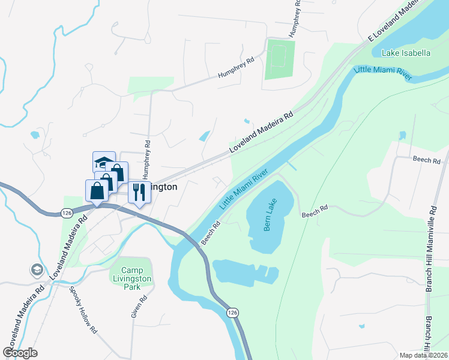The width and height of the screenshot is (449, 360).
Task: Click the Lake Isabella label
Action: pos(406,53)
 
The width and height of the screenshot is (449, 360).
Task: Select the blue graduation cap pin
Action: pos(104,162)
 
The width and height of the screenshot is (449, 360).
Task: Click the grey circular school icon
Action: pos(37,270)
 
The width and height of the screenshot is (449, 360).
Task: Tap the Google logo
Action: pos(20,352)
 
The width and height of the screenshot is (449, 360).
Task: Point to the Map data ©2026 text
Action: pos(423,355)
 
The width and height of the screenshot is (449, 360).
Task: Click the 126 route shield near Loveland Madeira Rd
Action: pos(67,213)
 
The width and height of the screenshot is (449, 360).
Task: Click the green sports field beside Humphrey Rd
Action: pos(280,59)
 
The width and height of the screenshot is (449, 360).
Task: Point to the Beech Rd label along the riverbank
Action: pos(211,232)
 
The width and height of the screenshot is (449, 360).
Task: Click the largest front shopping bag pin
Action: pos(97,191)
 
